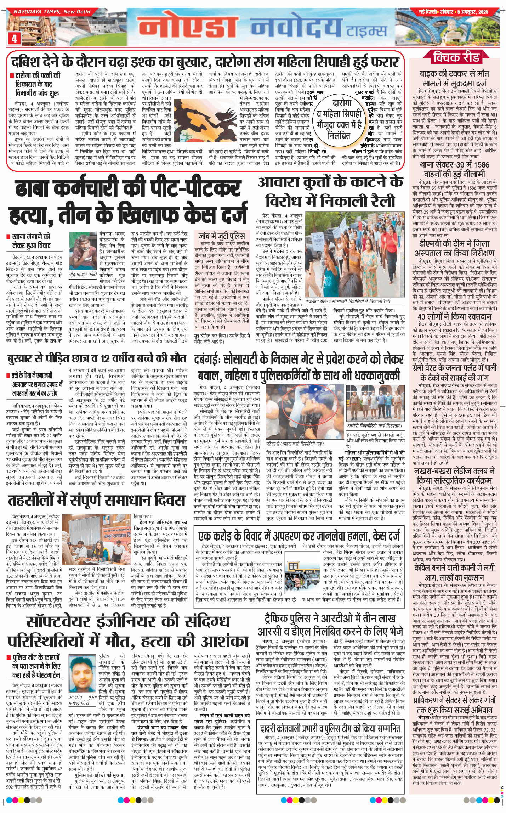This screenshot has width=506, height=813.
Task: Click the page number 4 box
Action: pyautogui.click(x=14, y=38)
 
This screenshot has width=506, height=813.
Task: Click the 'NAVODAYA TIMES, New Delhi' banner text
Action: pyautogui.click(x=52, y=12)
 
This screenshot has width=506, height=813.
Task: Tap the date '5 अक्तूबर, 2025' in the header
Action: pyautogui.click(x=472, y=12)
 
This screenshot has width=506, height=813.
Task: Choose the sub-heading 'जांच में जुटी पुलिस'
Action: pyautogui.click(x=222, y=236)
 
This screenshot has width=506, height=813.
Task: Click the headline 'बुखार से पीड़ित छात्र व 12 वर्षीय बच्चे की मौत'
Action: pyautogui.click(x=96, y=358)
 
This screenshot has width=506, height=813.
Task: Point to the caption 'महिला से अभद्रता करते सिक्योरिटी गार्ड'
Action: pyautogui.click(x=295, y=444)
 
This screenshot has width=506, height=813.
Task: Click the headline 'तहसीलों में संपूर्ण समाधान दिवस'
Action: pyautogui.click(x=96, y=501)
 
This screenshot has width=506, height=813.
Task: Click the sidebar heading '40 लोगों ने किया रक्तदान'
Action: pyautogui.click(x=454, y=317)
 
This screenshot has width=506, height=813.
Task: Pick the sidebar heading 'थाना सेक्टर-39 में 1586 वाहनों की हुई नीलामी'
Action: pyautogui.click(x=454, y=169)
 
